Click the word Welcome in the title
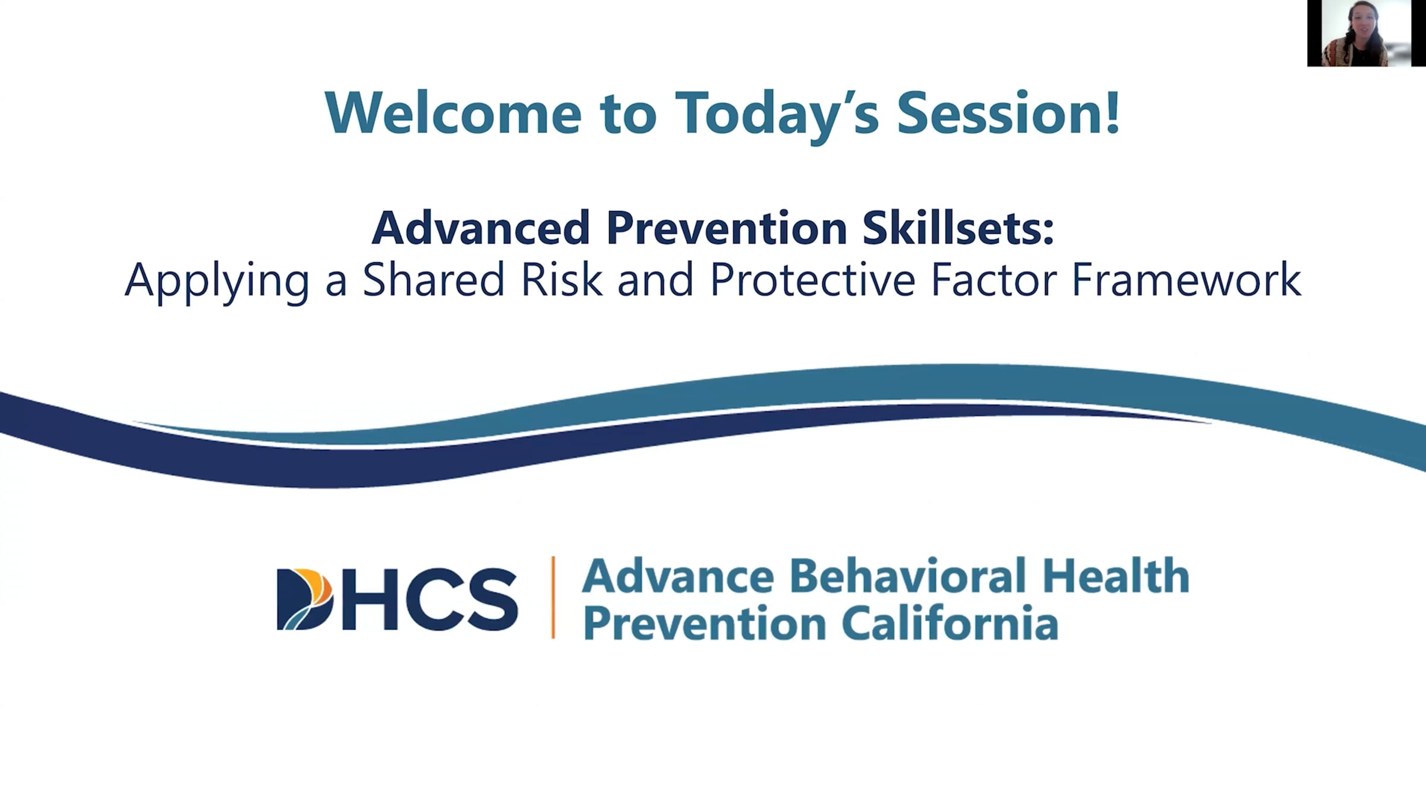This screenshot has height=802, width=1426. pyautogui.click(x=453, y=113)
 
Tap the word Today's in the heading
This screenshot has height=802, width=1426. pyautogui.click(x=777, y=113)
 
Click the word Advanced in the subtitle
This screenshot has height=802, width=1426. pyautogui.click(x=480, y=228)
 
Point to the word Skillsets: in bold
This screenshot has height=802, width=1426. pyautogui.click(x=958, y=228)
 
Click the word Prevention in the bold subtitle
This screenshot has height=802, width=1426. pyautogui.click(x=726, y=228)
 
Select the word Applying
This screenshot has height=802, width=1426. pyautogui.click(x=217, y=280)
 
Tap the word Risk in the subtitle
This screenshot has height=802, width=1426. pyautogui.click(x=561, y=280)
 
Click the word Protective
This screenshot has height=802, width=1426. pyautogui.click(x=812, y=280)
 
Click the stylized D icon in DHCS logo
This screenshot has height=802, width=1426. pyautogui.click(x=304, y=599)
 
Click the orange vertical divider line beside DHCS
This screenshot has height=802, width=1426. pyautogui.click(x=553, y=597)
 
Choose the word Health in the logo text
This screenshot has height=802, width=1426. pyautogui.click(x=1116, y=576)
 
